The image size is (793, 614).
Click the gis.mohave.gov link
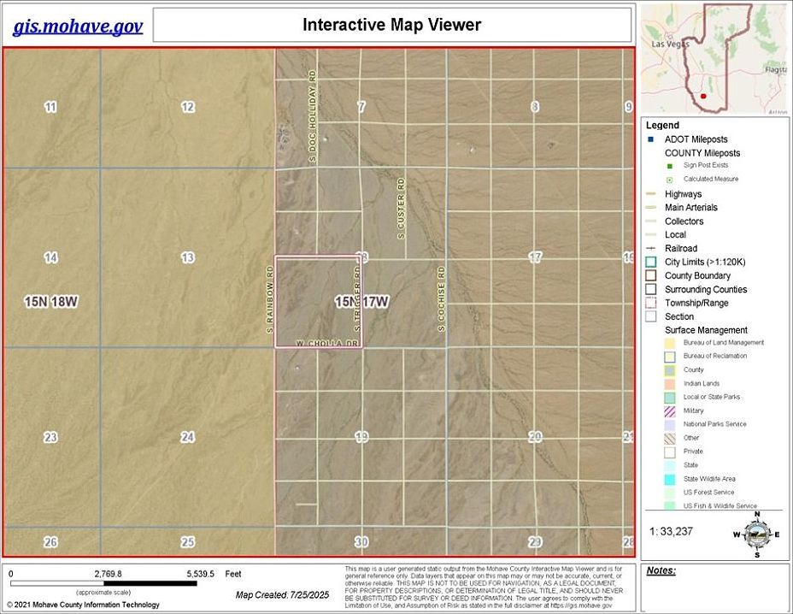[x=77, y=26]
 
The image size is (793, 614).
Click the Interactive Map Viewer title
[x=391, y=25]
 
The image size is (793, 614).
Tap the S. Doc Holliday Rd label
[x=313, y=117]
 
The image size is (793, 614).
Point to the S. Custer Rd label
[x=400, y=208]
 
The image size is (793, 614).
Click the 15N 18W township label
[x=51, y=301]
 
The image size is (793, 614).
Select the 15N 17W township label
[x=361, y=302]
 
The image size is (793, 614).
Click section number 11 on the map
[x=51, y=107]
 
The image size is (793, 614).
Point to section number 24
[x=188, y=437]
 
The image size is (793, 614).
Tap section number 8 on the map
[x=535, y=107]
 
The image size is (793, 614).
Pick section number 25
[x=188, y=542]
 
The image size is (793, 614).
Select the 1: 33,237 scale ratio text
[x=677, y=531]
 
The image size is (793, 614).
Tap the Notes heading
[x=661, y=570]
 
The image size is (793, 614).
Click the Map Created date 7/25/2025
[x=283, y=594]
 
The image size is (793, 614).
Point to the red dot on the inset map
[x=702, y=97]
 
